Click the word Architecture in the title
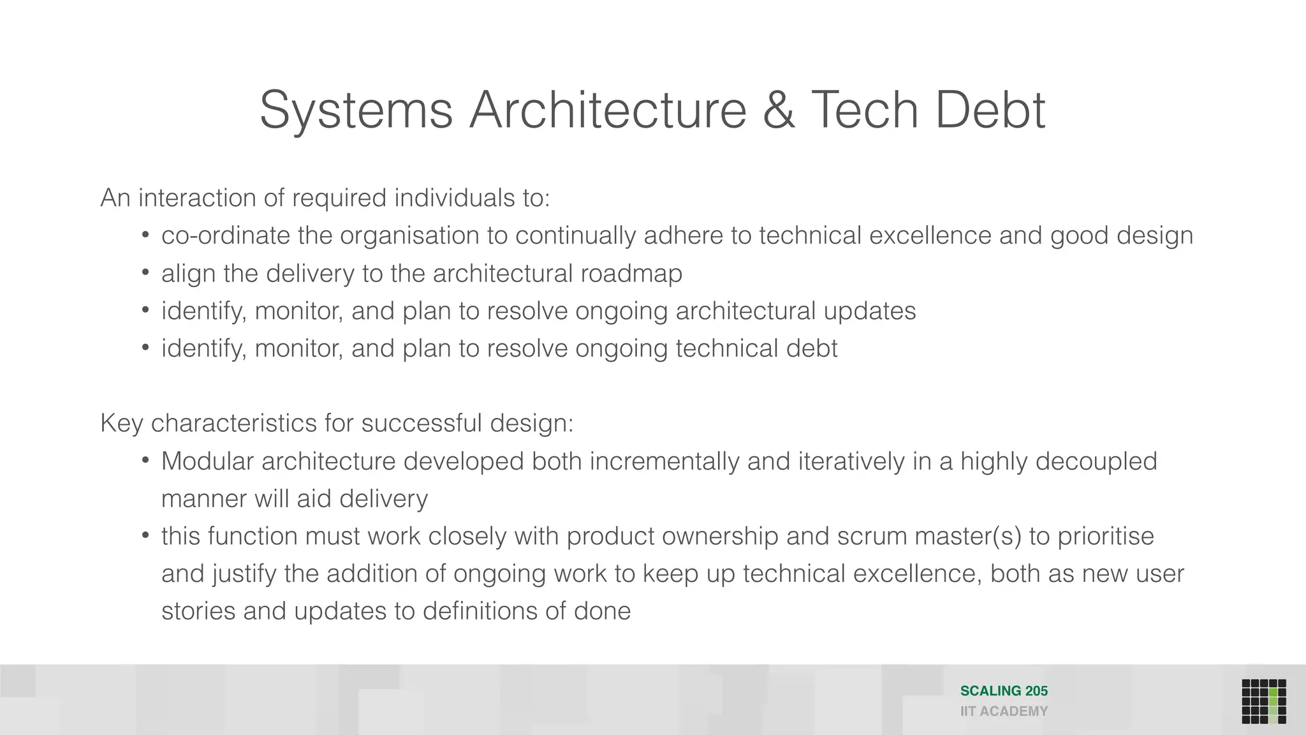point(608,110)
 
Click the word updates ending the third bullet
point(869,311)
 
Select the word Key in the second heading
point(121,424)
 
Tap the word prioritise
point(1106,536)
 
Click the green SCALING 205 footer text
point(1004,691)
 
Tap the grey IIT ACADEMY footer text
point(1004,711)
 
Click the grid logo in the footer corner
point(1263,701)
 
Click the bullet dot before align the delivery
point(145,273)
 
